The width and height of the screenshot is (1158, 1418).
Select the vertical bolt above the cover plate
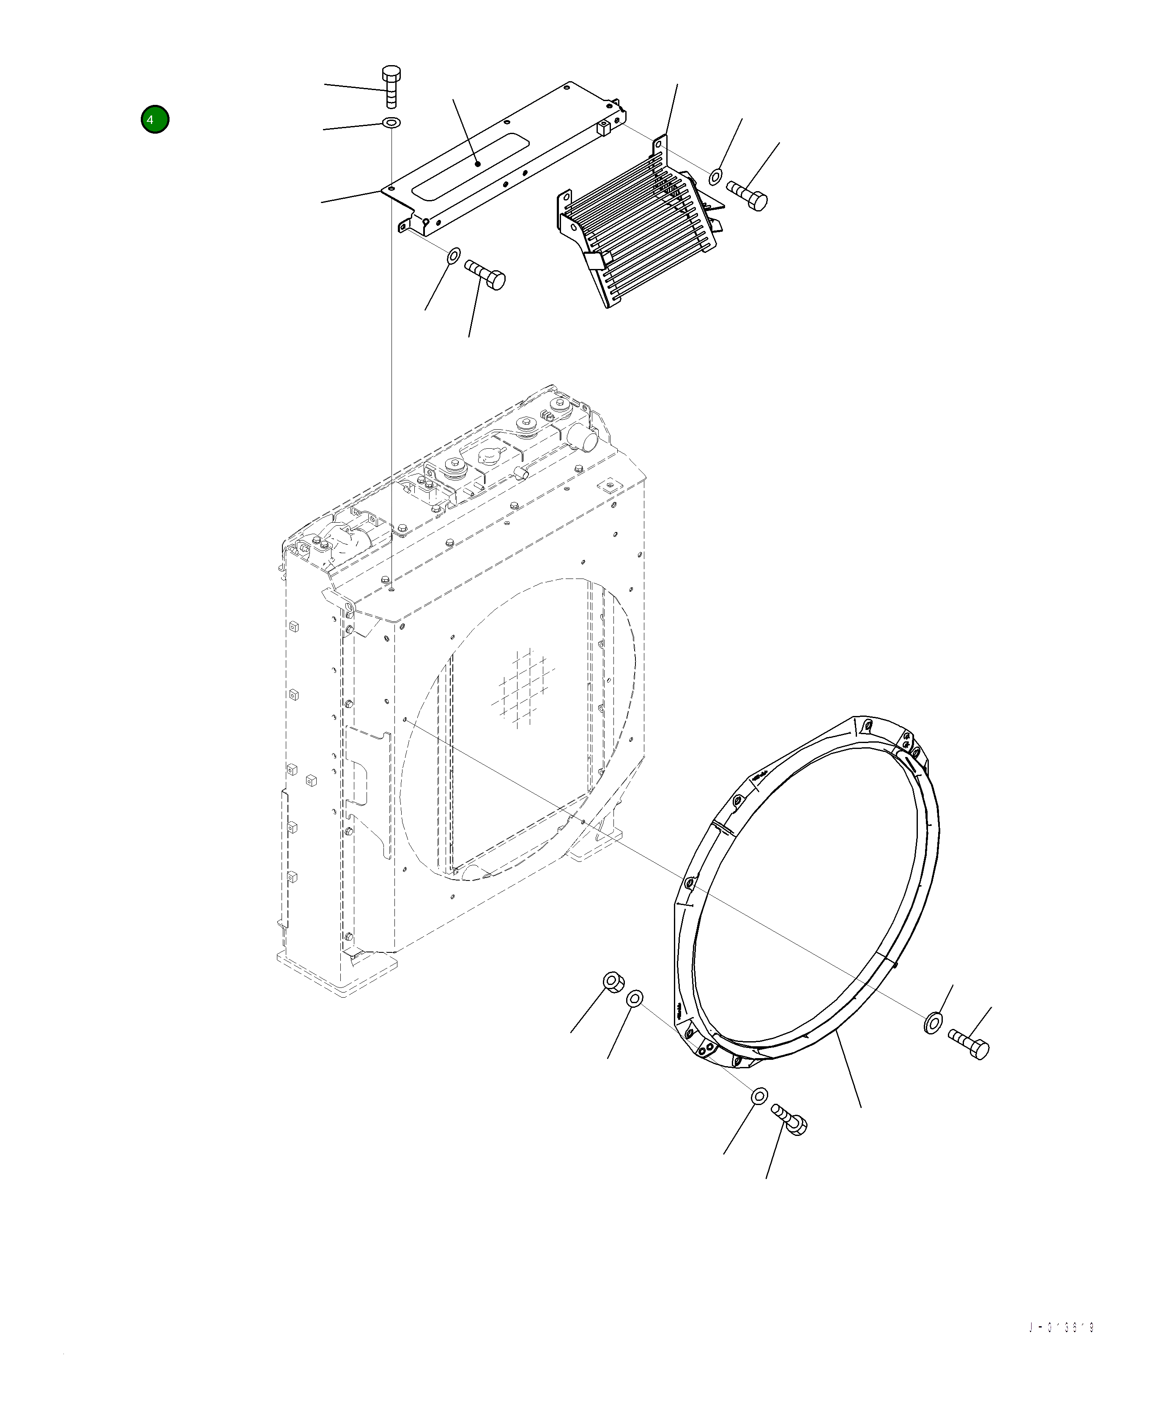[391, 87]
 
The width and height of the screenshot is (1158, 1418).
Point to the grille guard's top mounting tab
[660, 143]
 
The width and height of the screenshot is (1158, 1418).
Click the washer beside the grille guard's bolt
[715, 176]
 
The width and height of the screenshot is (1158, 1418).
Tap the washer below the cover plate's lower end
[453, 255]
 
